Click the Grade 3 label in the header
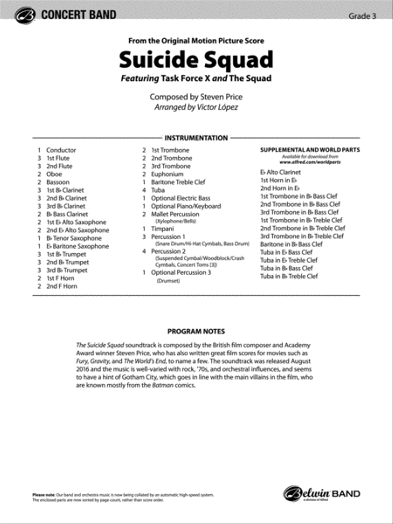[x=362, y=16]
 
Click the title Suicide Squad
[x=196, y=60]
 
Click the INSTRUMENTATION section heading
[x=196, y=138]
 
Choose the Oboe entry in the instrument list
[x=54, y=174]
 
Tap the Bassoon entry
[x=58, y=182]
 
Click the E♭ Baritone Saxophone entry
[x=78, y=246]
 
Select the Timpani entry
[x=162, y=228]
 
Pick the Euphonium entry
[x=167, y=174]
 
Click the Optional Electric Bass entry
[x=180, y=198]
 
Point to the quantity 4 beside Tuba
[x=144, y=190]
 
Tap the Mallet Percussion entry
[x=175, y=214]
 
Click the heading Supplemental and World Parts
[x=310, y=150]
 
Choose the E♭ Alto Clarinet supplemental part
[x=280, y=172]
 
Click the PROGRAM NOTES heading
[x=196, y=331]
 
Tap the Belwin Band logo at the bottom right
[x=322, y=494]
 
